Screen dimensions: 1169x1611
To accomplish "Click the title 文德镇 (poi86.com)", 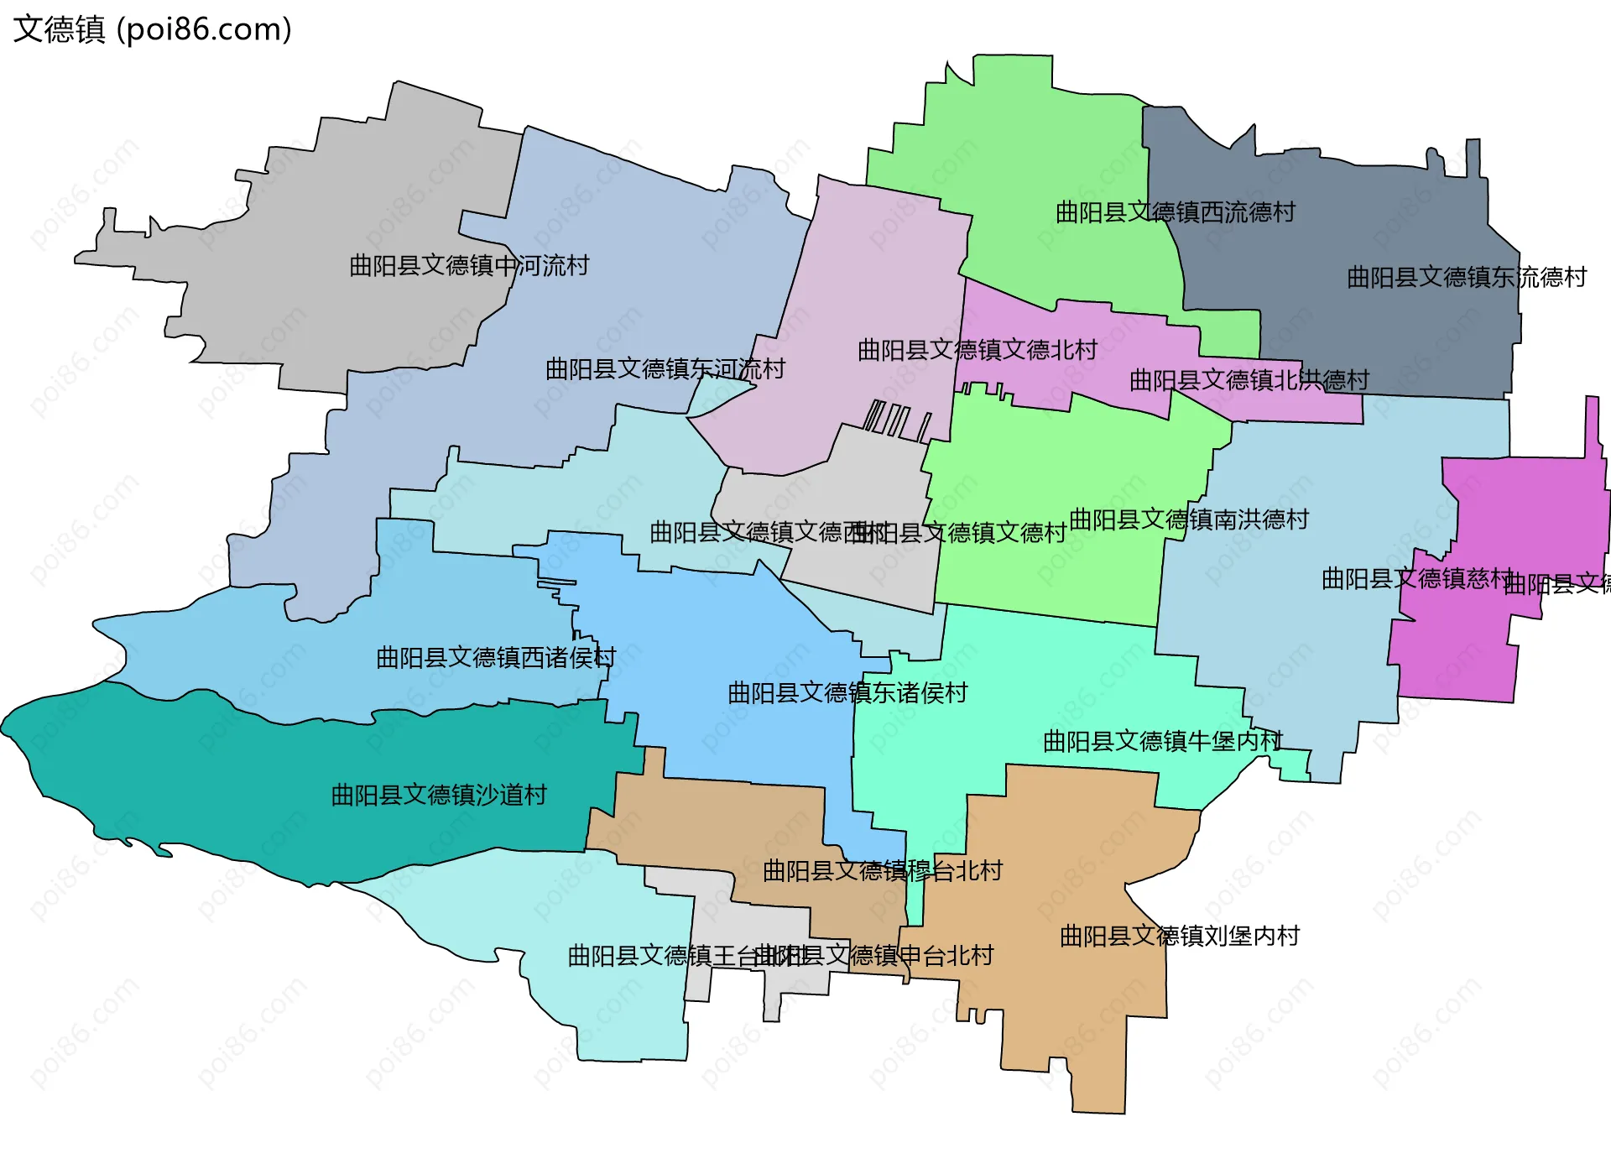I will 153,29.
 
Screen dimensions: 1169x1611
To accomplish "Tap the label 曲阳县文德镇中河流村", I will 469,266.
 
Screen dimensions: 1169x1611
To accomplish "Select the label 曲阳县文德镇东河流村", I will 665,369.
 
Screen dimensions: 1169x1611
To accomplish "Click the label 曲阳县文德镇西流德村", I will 1175,212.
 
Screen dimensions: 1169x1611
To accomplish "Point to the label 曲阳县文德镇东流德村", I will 1466,277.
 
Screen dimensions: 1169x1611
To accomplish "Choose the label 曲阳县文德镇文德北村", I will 978,350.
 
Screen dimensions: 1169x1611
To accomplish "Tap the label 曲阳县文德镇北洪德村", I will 1249,380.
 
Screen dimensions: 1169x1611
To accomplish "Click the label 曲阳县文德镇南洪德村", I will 1189,519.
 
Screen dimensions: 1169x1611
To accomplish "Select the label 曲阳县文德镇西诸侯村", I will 495,657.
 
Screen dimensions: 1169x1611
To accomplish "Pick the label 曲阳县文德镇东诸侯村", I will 847,693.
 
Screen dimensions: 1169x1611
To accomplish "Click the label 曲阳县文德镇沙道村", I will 439,795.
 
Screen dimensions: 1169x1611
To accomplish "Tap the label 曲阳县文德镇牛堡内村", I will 1162,741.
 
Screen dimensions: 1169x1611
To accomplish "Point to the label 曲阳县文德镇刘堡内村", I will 1179,936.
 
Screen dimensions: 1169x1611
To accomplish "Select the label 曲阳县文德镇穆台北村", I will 882,871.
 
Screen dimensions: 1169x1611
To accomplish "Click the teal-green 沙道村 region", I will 252,789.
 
